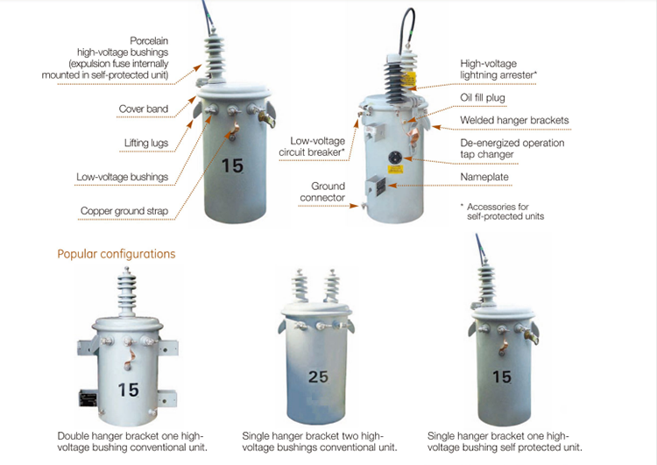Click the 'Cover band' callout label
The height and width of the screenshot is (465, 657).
pos(143,109)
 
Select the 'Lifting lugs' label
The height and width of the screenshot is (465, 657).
pos(145,143)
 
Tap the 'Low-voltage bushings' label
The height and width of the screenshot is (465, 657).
pos(122,177)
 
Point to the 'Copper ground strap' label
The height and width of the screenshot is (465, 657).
pos(124,211)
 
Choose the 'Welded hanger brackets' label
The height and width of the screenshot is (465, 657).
pos(514,120)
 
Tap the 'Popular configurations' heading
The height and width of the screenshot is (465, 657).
pos(116,254)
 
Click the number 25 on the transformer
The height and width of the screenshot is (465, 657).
pos(320,377)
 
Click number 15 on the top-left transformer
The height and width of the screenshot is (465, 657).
pos(232,166)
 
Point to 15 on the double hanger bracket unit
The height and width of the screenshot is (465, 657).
pos(128,390)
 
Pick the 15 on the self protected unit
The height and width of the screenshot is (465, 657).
pos(501,377)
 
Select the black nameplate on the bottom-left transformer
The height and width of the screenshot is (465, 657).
pos(89,398)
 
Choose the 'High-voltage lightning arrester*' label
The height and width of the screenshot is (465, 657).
pos(498,69)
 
